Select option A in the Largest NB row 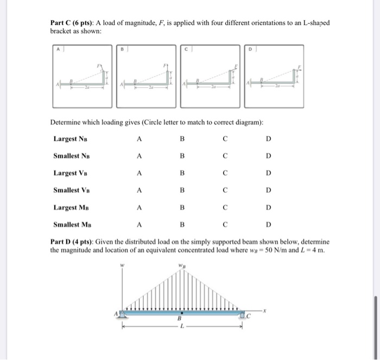click(x=140, y=139)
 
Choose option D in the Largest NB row click(x=268, y=139)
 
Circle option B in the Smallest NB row click(x=182, y=156)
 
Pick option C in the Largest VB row click(x=225, y=173)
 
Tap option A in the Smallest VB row click(x=140, y=191)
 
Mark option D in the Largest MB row click(x=268, y=207)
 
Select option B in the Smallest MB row click(x=182, y=224)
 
